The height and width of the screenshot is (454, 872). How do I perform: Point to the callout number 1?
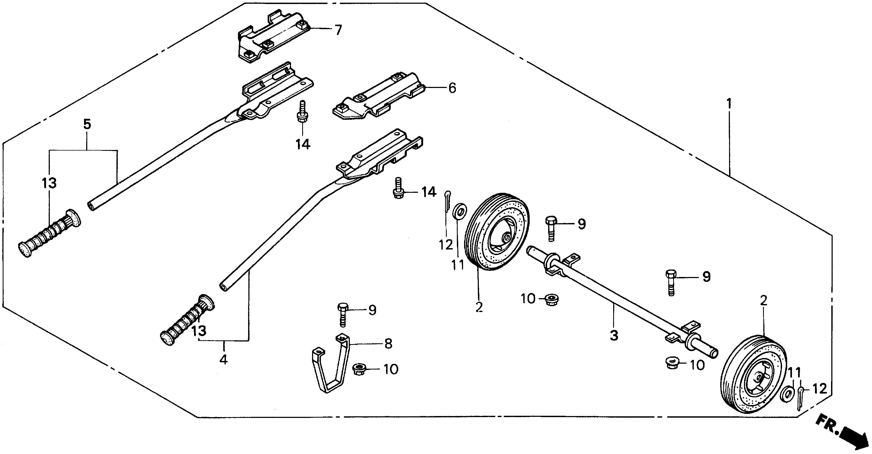coord(729,103)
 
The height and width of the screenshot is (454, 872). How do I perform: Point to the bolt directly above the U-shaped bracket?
coord(343,314)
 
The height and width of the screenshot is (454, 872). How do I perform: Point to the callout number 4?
coord(223,359)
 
